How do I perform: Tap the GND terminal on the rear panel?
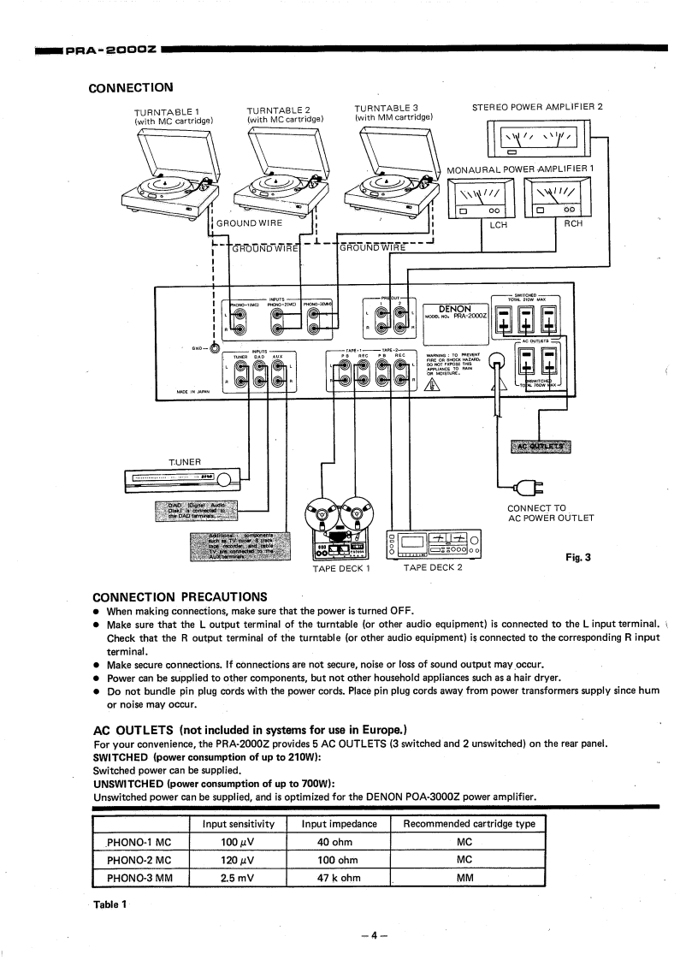[214, 347]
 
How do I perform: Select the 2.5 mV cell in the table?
[234, 878]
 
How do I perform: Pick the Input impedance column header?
[340, 824]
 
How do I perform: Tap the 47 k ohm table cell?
[340, 878]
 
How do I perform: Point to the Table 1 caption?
[110, 905]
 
